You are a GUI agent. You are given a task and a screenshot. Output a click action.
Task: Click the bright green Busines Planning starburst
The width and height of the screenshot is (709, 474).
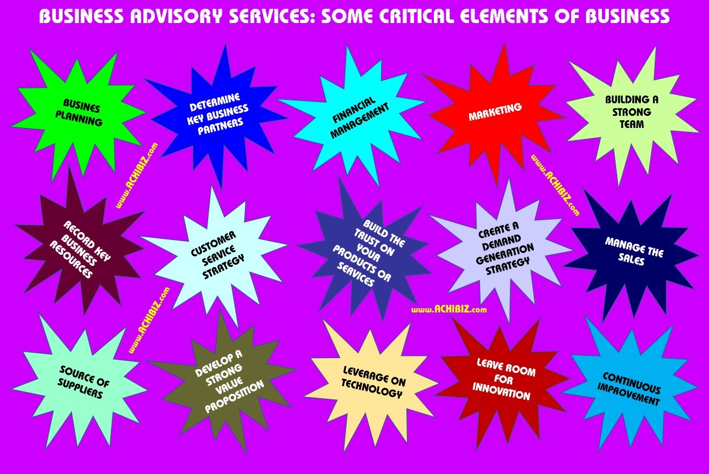(82, 113)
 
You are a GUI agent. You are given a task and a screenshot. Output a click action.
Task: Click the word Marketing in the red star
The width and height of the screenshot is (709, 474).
(495, 112)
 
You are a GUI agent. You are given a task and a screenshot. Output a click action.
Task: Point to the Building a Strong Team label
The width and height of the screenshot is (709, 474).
(632, 111)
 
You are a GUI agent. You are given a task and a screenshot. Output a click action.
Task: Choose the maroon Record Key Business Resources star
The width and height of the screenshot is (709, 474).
(80, 249)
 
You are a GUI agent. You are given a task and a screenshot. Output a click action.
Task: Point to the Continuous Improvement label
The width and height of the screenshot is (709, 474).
(632, 388)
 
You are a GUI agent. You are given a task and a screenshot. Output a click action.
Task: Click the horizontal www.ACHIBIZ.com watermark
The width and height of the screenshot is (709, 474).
(449, 310)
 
